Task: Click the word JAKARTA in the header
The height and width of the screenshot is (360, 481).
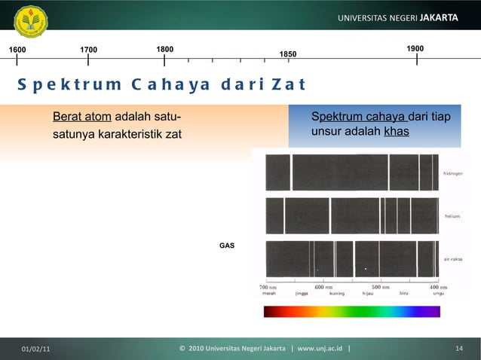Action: [x=436, y=17]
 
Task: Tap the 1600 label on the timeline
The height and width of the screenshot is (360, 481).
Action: [x=17, y=50]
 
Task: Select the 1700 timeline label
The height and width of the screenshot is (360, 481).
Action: [x=88, y=50]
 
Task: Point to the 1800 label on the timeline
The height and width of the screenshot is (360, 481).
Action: [x=164, y=49]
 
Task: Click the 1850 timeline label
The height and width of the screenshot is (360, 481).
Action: [x=288, y=54]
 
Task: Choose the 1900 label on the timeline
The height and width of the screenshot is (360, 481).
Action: [x=415, y=49]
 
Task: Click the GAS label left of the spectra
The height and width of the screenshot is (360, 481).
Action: [x=226, y=246]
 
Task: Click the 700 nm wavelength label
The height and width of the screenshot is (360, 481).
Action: [x=269, y=287]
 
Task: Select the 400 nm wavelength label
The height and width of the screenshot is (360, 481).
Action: [x=438, y=287]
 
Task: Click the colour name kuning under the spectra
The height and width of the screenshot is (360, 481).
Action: [x=337, y=294]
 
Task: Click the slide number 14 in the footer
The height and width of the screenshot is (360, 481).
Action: [x=458, y=348]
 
